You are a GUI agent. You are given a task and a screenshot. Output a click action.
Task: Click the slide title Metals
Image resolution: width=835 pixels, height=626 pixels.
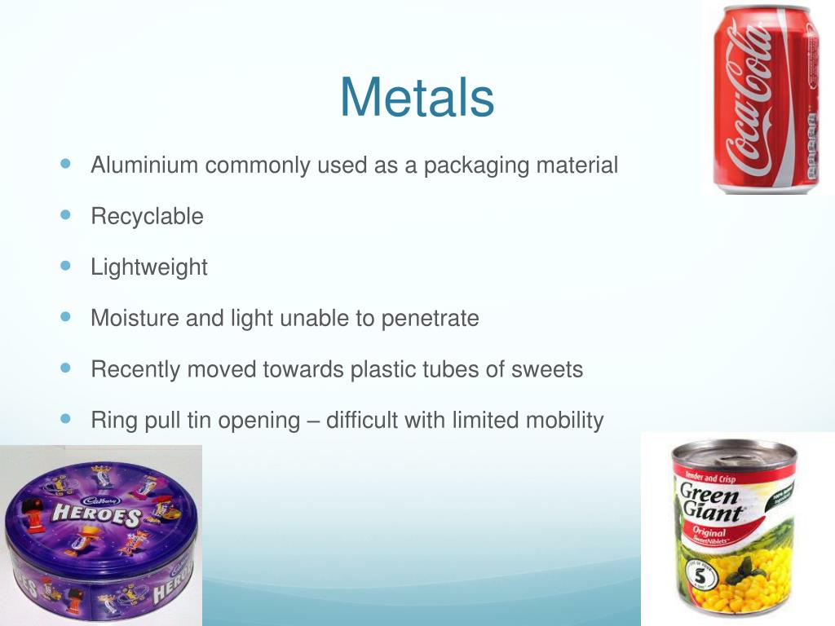[417, 97]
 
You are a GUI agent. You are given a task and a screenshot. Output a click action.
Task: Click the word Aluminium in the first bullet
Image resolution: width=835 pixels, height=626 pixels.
[144, 165]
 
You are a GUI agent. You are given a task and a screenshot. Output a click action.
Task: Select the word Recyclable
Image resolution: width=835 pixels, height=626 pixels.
[147, 217]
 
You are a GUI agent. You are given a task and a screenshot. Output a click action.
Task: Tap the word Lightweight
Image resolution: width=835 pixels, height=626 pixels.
[149, 267]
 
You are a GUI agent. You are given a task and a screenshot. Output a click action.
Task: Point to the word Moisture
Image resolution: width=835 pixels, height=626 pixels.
[135, 318]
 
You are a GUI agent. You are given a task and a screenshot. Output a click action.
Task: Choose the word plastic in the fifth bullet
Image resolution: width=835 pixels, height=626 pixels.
[381, 369]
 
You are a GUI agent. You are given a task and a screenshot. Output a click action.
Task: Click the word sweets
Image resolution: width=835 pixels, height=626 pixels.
[547, 369]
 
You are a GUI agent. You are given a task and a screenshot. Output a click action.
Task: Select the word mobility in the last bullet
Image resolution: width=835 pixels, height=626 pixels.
[564, 421]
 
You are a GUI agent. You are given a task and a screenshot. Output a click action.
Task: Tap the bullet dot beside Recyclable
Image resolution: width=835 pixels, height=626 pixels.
[66, 215]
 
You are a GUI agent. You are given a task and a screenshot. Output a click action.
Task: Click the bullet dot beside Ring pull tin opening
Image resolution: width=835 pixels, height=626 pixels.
[66, 419]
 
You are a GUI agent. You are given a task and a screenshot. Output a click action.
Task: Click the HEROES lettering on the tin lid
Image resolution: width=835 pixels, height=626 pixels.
[96, 514]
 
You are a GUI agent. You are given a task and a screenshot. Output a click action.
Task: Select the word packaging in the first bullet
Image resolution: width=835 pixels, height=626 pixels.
[475, 165]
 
